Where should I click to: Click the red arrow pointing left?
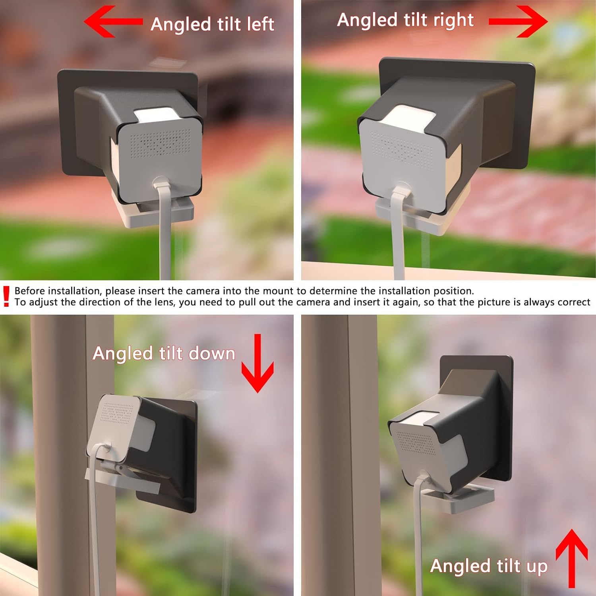point(112,21)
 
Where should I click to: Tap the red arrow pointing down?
point(257,364)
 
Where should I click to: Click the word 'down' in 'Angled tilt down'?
point(212,353)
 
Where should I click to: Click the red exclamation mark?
point(6,296)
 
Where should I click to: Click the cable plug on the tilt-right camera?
point(400,190)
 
